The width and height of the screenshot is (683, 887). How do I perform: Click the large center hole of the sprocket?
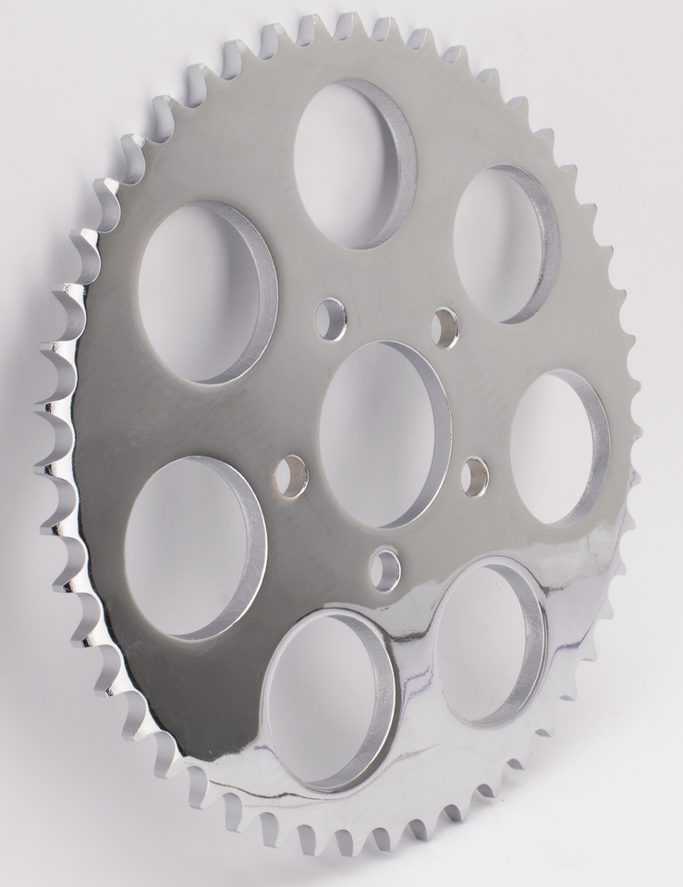pyautogui.click(x=381, y=434)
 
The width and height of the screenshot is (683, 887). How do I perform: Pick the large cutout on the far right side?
pyautogui.click(x=555, y=446)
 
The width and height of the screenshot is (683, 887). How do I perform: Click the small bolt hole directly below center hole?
pyautogui.click(x=384, y=569)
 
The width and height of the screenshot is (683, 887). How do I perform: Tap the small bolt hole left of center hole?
pyautogui.click(x=291, y=477)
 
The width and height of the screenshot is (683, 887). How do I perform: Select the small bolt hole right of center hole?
pyautogui.click(x=475, y=477)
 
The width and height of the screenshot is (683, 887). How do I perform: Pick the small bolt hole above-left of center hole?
pyautogui.click(x=330, y=320)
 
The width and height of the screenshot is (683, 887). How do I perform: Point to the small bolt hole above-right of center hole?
pyautogui.click(x=445, y=328)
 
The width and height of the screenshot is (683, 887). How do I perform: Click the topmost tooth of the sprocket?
pyautogui.click(x=348, y=22)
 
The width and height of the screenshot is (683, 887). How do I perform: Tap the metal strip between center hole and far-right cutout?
pyautogui.click(x=481, y=425)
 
